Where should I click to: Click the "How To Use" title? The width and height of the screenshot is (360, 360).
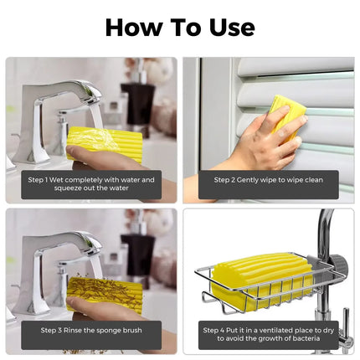(180, 27)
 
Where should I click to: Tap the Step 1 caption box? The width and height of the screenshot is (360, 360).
(91, 184)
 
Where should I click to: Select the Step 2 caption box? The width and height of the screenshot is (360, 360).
(269, 179)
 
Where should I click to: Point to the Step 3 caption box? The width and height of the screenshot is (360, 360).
(91, 331)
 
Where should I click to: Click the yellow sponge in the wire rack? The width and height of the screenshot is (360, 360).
(255, 280)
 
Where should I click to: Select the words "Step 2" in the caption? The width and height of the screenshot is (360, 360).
(226, 179)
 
